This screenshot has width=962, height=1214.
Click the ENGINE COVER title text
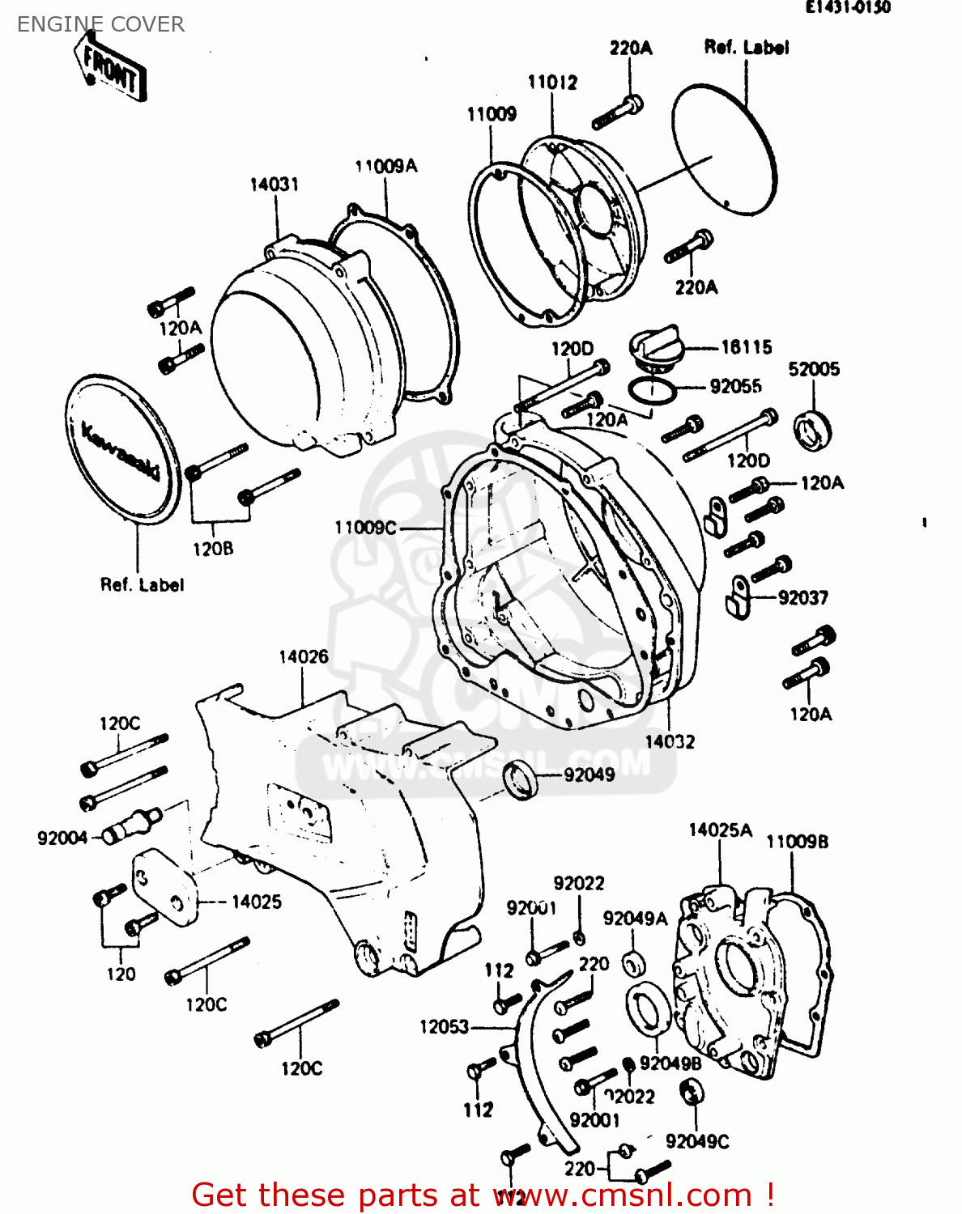coord(100,24)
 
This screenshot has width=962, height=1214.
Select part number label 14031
coord(274,185)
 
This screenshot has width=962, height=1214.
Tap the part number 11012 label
coord(552,83)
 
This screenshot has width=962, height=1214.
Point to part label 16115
coord(746,347)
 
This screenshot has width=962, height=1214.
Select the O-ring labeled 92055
coord(651,391)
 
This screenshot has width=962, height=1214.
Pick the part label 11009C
coord(365,528)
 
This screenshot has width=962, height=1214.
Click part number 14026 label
coord(304,656)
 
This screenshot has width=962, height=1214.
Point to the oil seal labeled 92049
coord(521,780)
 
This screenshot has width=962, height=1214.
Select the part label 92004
coord(62,838)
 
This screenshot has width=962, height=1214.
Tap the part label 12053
coord(444,1027)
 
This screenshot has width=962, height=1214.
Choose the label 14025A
coord(720,830)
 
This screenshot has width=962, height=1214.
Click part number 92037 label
coord(802,598)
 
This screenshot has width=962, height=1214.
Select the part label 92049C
coord(697,1141)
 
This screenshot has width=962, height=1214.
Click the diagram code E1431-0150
coord(847,7)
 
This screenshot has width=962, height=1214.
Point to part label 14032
coord(670,741)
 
